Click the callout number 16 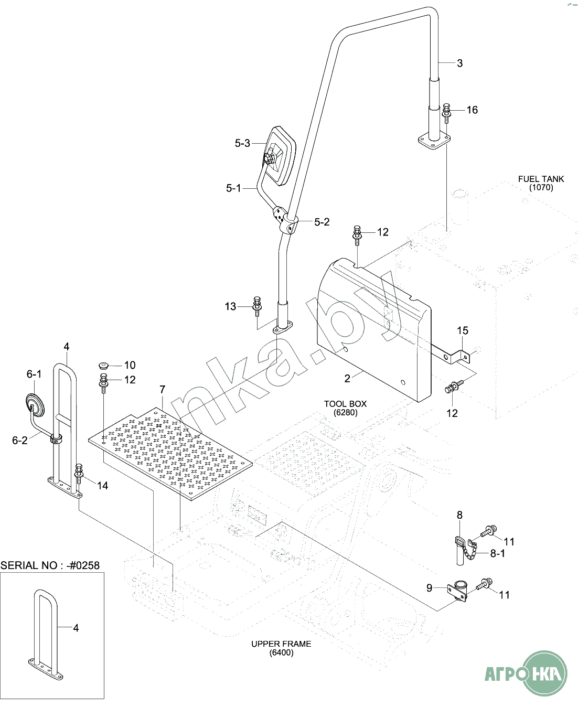[x=472, y=110]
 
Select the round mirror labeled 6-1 [x=35, y=405]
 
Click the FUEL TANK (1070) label [x=541, y=183]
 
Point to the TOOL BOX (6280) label [x=345, y=408]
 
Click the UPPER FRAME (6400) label [x=281, y=648]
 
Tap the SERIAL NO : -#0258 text [x=50, y=565]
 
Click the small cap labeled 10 [x=104, y=365]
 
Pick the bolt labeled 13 [x=257, y=306]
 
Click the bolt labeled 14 [x=79, y=474]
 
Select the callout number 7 [x=162, y=390]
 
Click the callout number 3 [x=459, y=63]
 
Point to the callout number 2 [x=347, y=379]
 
